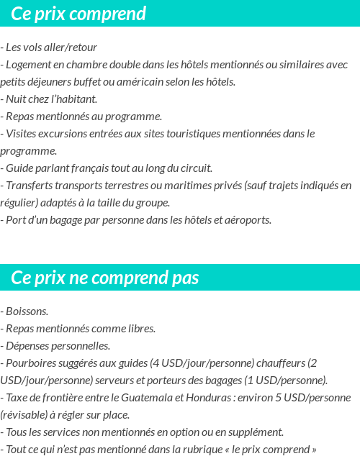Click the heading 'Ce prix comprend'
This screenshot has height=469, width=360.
point(78,14)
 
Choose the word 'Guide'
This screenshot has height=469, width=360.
point(19,168)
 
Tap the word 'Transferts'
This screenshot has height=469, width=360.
point(29,186)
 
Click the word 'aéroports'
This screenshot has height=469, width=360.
point(248,220)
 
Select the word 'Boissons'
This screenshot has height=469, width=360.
point(26,311)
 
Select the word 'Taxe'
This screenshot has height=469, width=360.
point(17,398)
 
